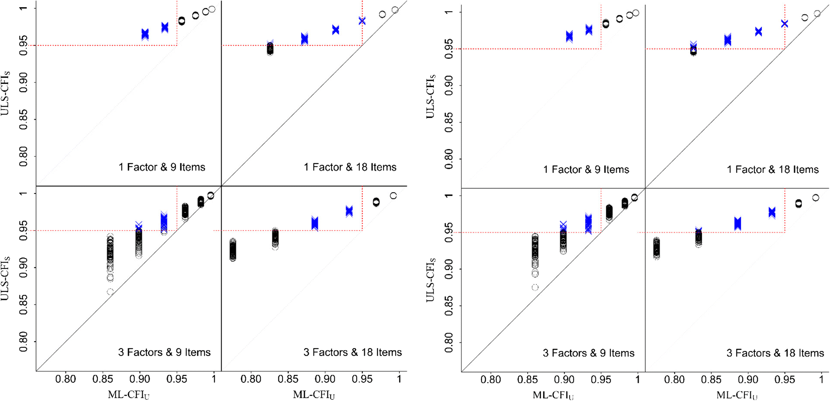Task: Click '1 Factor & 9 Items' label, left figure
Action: click(x=162, y=167)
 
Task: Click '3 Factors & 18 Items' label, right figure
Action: click(x=775, y=353)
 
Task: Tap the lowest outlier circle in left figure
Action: click(x=110, y=292)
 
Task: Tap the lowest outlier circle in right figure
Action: click(x=535, y=288)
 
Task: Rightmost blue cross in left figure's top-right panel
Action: click(x=362, y=21)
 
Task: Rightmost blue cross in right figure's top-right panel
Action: click(x=784, y=24)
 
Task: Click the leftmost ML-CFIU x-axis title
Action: click(x=129, y=395)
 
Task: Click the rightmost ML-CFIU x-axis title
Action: click(x=737, y=395)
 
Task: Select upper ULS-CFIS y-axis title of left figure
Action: click(x=6, y=94)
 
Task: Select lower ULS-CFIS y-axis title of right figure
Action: click(x=431, y=279)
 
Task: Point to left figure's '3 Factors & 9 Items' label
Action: click(x=164, y=353)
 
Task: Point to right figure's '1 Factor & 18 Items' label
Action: click(x=773, y=170)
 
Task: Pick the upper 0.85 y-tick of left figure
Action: click(x=23, y=120)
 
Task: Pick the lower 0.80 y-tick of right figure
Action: click(x=449, y=342)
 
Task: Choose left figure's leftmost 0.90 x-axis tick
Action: click(x=139, y=379)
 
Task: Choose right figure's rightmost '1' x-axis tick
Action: click(x=821, y=380)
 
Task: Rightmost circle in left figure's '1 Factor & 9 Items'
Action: click(x=212, y=9)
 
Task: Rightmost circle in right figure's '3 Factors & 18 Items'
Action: click(x=815, y=198)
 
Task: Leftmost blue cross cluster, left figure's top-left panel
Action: click(x=145, y=35)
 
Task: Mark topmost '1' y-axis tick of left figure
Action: click(x=23, y=9)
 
